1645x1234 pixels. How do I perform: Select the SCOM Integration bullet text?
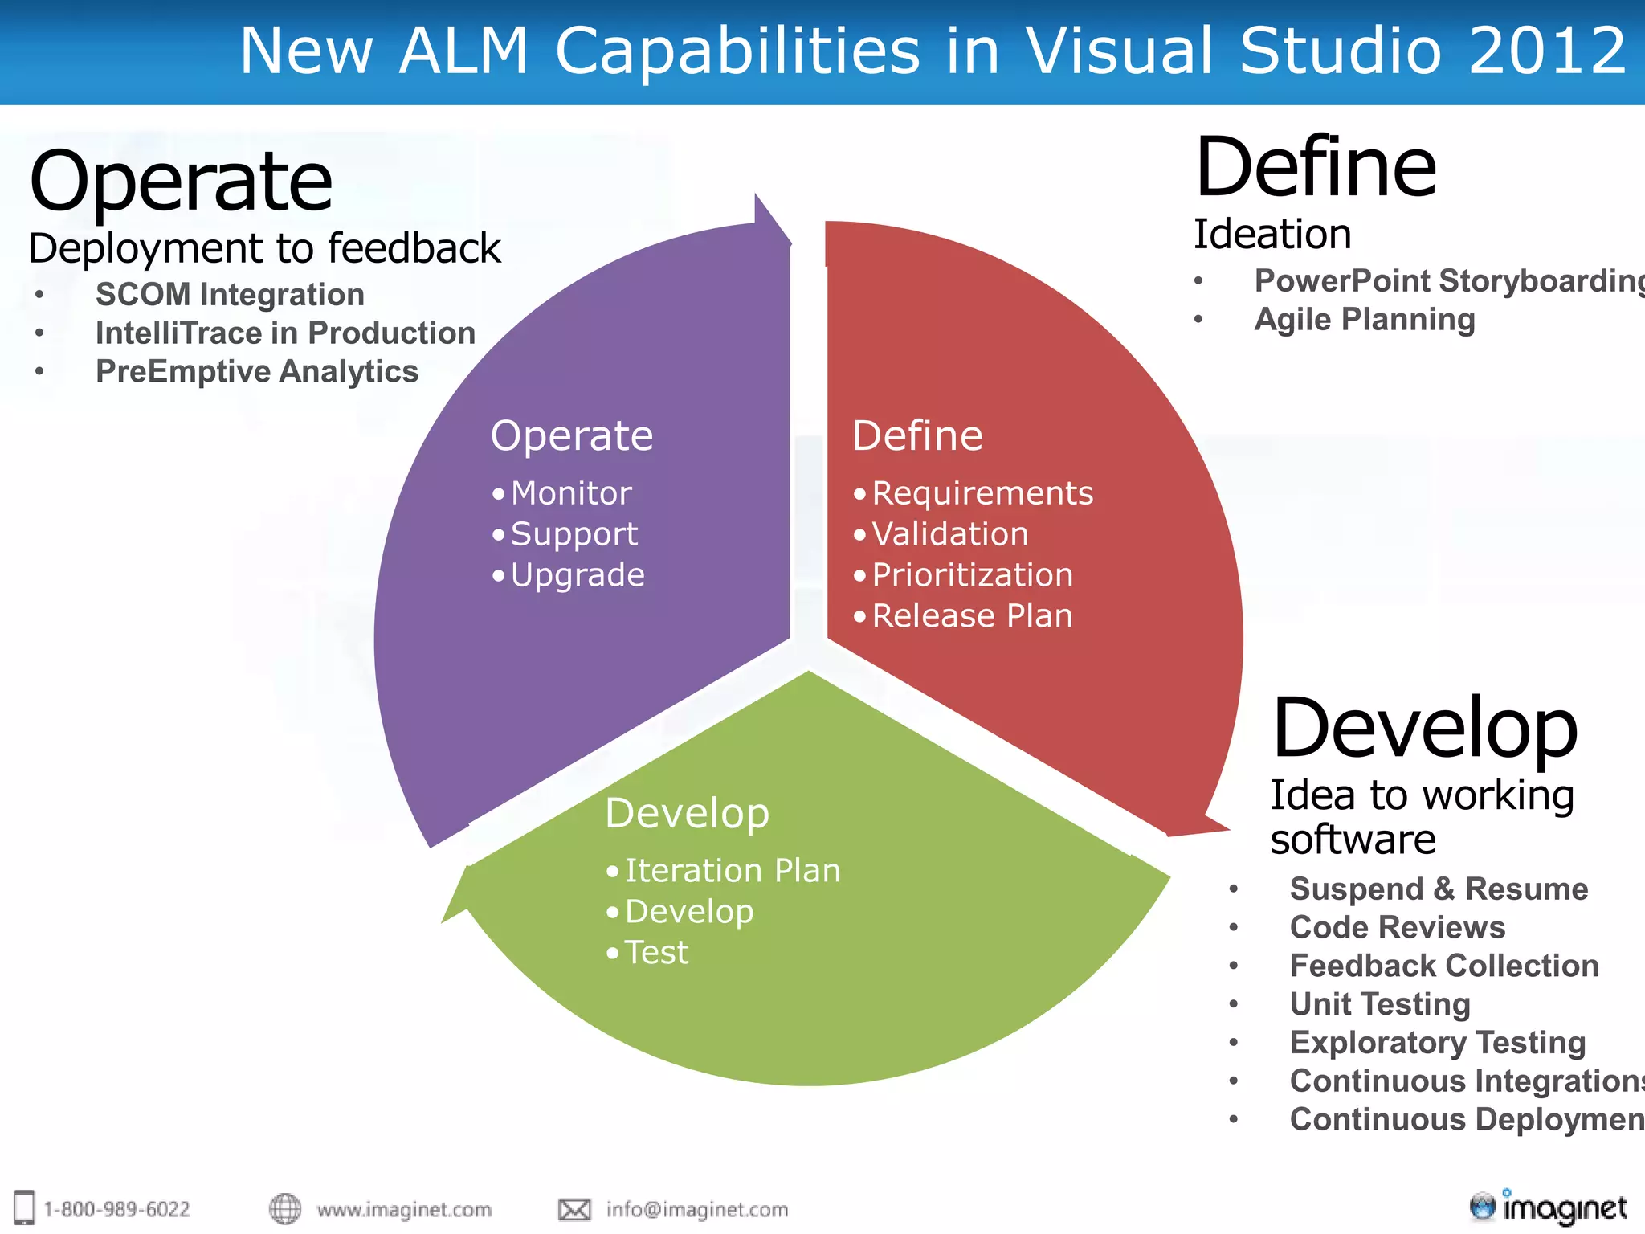pyautogui.click(x=230, y=295)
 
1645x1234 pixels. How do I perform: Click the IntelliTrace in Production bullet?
pyautogui.click(x=285, y=333)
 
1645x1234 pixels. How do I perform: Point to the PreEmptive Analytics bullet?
pyautogui.click(x=257, y=372)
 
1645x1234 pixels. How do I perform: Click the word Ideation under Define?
pyautogui.click(x=1272, y=235)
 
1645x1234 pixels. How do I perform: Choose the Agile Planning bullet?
pyautogui.click(x=1365, y=320)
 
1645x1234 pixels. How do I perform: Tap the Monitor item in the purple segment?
pyautogui.click(x=571, y=493)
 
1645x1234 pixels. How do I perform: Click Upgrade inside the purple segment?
pyautogui.click(x=578, y=575)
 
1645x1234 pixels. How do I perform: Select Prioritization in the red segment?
pyautogui.click(x=972, y=575)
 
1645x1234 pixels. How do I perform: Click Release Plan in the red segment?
pyautogui.click(x=972, y=616)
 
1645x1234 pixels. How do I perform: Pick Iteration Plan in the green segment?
pyautogui.click(x=733, y=871)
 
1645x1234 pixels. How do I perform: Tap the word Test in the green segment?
pyautogui.click(x=656, y=953)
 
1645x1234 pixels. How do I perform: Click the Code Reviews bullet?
pyautogui.click(x=1397, y=928)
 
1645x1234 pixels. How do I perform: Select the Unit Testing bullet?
pyautogui.click(x=1380, y=1004)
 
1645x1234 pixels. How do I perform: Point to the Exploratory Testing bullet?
pyautogui.click(x=1437, y=1043)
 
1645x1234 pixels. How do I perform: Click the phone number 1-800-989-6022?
pyautogui.click(x=116, y=1209)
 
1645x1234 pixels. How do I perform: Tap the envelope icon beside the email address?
pyautogui.click(x=574, y=1209)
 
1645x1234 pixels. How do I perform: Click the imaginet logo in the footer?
pyautogui.click(x=1548, y=1207)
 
